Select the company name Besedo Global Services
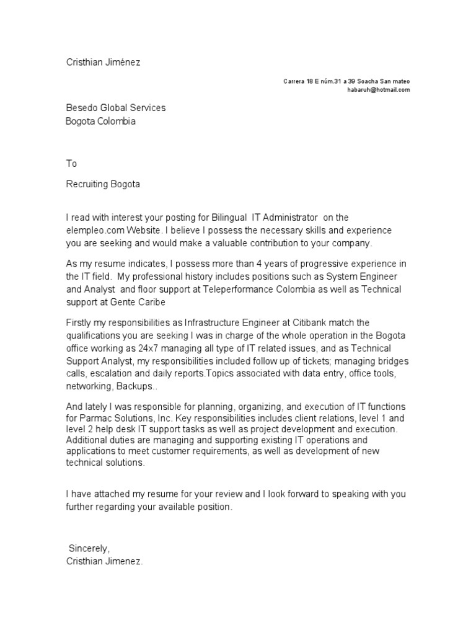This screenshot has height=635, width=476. click(116, 108)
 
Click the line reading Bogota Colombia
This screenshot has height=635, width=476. click(100, 122)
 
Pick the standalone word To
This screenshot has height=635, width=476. click(71, 164)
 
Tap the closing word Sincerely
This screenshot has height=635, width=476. click(89, 549)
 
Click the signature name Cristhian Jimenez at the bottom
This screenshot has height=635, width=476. click(105, 561)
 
